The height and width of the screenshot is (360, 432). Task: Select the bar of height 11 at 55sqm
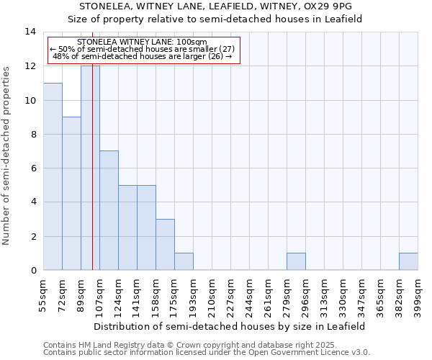53,176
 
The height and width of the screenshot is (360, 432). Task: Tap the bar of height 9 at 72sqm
71,193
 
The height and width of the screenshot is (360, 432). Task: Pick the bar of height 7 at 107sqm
109,210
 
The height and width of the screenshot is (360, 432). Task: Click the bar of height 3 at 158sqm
165,244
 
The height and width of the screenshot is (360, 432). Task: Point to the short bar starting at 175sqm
184,261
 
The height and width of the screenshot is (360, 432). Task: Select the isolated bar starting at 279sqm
296,261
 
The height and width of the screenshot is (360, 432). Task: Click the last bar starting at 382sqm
408,261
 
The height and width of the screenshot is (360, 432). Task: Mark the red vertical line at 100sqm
93,180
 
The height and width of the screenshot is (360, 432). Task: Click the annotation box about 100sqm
143,49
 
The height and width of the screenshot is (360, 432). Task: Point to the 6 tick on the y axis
33,168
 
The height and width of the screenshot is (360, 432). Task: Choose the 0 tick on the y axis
33,270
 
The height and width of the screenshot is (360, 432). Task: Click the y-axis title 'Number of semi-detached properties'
7,156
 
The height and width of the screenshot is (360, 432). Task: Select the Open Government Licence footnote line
207,352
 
